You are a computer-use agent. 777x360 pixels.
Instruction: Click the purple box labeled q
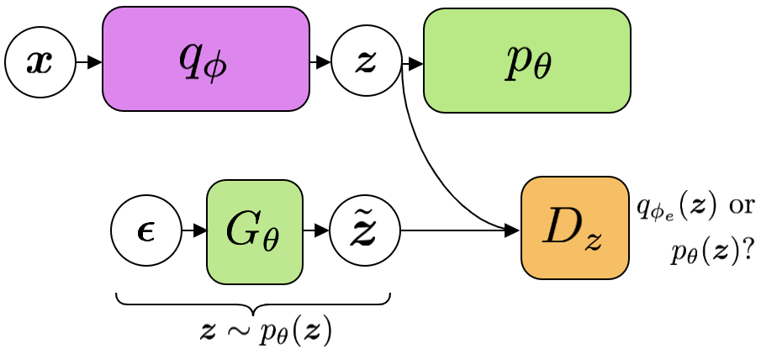click(x=206, y=59)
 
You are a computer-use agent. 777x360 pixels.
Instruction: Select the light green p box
click(x=527, y=61)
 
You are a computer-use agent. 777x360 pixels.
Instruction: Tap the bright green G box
click(x=255, y=232)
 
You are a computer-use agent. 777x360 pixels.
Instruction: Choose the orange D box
click(x=575, y=228)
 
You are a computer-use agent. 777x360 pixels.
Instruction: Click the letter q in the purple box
click(x=191, y=56)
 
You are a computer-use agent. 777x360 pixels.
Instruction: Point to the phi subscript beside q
click(x=215, y=66)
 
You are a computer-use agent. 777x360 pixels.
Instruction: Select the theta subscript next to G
click(x=270, y=240)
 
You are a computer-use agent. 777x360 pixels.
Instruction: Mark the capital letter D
click(x=563, y=225)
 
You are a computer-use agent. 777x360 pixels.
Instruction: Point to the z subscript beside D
click(x=594, y=241)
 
